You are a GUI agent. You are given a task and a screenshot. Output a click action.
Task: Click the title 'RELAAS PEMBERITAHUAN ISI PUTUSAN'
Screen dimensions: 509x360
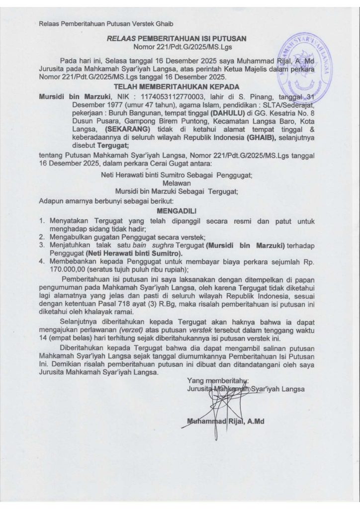(x=180, y=38)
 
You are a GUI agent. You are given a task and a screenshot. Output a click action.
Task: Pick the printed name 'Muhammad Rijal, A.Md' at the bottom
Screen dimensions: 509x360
(x=225, y=422)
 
